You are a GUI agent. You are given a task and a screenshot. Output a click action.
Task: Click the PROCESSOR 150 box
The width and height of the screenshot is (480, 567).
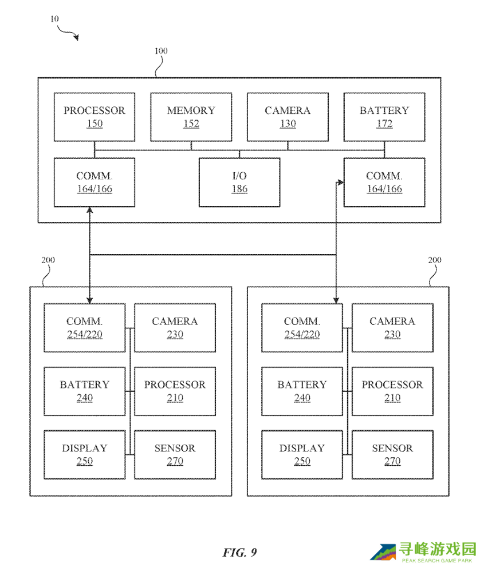tap(95, 117)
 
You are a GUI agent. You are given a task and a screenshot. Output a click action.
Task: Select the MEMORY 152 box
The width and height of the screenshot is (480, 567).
tap(191, 117)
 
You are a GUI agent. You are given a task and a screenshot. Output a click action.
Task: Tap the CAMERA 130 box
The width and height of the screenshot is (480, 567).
tap(288, 117)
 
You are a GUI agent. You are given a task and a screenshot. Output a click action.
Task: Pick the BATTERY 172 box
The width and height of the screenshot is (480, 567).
tap(384, 117)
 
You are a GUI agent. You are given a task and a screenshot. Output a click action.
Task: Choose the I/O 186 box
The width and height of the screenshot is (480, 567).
tap(239, 182)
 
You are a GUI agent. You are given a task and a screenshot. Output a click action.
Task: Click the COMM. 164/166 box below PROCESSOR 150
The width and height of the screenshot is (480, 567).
tap(95, 182)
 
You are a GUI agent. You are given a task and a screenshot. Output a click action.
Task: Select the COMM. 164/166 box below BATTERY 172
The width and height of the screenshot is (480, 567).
tap(384, 182)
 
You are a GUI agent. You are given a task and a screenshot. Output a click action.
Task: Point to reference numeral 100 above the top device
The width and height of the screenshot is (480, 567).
tap(161, 51)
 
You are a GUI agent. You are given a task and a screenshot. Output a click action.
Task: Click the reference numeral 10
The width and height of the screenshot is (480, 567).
tap(54, 18)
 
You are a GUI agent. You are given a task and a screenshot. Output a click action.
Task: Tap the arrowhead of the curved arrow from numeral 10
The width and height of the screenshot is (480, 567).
tap(76, 38)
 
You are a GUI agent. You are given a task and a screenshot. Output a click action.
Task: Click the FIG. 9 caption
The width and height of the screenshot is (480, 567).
tap(239, 552)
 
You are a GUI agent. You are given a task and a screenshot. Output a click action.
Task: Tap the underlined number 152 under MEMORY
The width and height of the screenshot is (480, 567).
tap(191, 124)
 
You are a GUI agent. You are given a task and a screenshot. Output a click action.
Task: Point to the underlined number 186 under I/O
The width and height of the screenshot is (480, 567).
tap(239, 189)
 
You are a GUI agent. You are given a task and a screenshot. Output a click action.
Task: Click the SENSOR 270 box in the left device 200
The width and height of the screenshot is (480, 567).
tap(175, 454)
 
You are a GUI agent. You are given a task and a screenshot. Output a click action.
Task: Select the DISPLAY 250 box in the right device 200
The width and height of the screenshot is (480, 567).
tap(302, 454)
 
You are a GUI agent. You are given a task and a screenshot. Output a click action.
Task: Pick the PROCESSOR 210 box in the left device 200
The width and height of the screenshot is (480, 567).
tap(175, 391)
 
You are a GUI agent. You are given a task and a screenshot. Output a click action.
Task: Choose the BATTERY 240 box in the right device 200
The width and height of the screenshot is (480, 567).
tap(302, 391)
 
